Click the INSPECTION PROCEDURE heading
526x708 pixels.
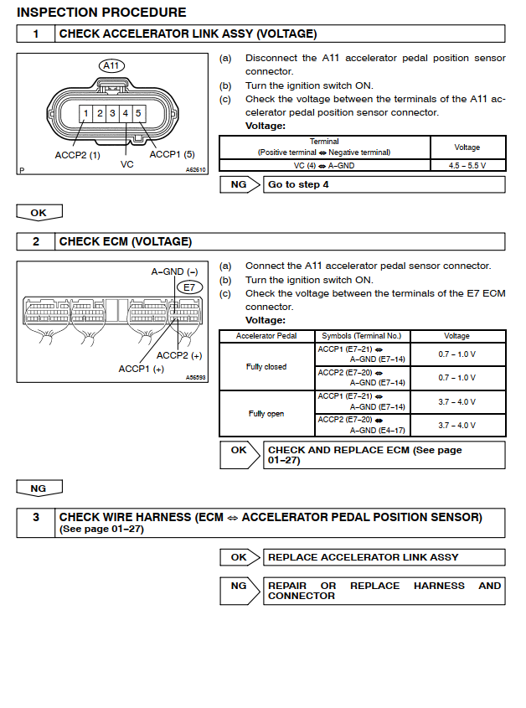(101, 13)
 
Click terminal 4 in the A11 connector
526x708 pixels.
(125, 113)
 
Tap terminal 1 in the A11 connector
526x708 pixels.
(85, 113)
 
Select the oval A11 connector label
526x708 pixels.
(111, 65)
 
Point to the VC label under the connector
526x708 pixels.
(127, 164)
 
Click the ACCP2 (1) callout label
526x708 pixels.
(77, 155)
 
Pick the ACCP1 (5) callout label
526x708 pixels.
(172, 155)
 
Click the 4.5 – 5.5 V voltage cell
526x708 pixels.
(467, 166)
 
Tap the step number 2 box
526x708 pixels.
(36, 241)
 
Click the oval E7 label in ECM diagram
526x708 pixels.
(188, 287)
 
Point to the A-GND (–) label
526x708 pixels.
(174, 271)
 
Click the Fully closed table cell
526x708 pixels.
(266, 367)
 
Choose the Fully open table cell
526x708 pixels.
(266, 414)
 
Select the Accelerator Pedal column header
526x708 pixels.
(266, 336)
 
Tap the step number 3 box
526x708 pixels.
(36, 523)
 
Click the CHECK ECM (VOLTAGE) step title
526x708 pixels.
(126, 241)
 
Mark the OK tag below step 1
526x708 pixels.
(39, 213)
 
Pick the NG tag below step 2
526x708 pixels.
(39, 488)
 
